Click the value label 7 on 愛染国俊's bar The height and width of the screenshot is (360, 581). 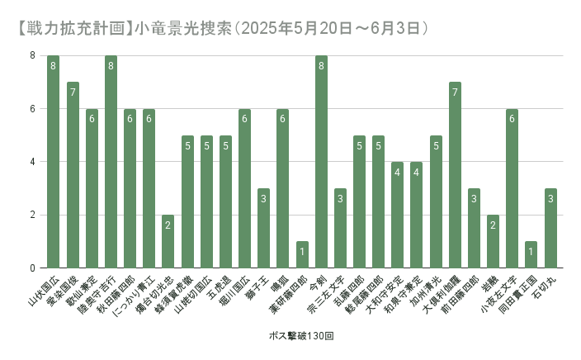(x=73, y=92)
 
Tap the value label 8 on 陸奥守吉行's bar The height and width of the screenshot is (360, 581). (x=111, y=65)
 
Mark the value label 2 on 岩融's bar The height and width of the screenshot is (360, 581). (x=493, y=225)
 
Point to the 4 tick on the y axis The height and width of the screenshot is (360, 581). (x=33, y=162)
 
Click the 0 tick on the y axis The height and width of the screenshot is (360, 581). (x=33, y=268)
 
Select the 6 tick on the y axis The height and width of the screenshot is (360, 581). (x=33, y=109)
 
